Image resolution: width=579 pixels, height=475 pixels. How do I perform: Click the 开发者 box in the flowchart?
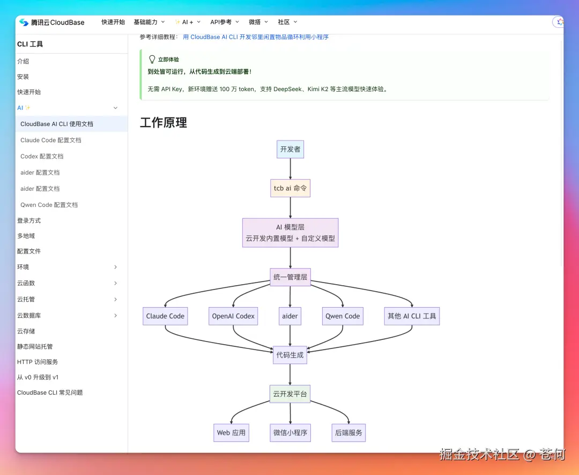(x=290, y=149)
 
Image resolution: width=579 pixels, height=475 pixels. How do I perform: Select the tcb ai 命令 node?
(x=290, y=188)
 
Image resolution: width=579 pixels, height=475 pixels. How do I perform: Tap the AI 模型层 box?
(x=290, y=233)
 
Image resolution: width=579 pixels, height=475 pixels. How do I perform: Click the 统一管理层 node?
(x=290, y=277)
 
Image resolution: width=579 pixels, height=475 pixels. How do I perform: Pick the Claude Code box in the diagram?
(x=165, y=316)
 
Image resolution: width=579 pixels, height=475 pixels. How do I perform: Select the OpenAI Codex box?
(x=233, y=316)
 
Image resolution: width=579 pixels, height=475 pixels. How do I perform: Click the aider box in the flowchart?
(x=290, y=316)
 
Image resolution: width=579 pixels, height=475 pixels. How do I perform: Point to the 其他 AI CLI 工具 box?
(x=412, y=316)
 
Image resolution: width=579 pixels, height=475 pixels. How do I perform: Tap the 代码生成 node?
(x=290, y=354)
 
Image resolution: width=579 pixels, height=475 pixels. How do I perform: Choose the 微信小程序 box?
(x=290, y=433)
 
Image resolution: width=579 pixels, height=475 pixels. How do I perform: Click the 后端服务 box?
(x=348, y=433)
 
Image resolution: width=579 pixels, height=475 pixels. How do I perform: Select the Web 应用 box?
(x=231, y=433)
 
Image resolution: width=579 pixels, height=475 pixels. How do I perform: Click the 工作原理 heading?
(x=164, y=122)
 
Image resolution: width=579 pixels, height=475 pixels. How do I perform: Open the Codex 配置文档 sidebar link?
(x=42, y=156)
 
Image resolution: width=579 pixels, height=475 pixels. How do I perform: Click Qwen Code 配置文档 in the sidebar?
(x=49, y=205)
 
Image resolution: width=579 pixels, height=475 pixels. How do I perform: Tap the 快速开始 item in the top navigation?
(x=113, y=22)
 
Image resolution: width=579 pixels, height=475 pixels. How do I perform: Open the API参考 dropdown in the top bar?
(x=224, y=22)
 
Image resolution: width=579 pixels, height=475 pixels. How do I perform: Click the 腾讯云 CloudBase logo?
(x=52, y=23)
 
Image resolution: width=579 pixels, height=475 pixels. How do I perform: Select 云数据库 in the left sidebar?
(x=29, y=315)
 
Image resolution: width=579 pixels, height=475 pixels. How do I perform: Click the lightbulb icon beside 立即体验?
(x=152, y=60)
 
